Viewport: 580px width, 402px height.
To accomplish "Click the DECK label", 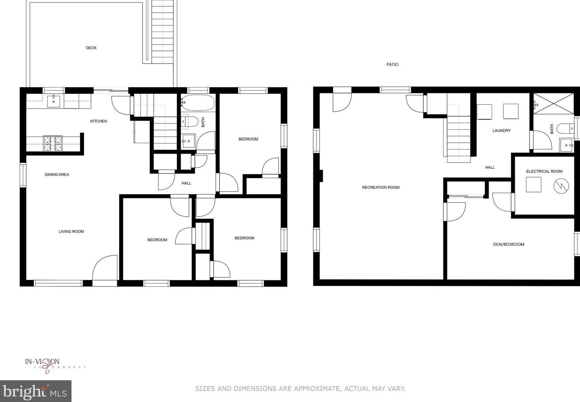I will click(91, 48).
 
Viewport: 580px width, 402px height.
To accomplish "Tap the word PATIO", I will click(392, 64).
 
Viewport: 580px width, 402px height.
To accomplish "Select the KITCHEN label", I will click(98, 121).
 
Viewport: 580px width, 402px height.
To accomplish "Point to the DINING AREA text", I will click(57, 175).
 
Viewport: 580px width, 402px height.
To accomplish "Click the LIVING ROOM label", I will click(71, 232).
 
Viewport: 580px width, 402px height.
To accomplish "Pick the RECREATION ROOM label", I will click(380, 187).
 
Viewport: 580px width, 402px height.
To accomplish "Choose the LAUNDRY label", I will click(501, 130).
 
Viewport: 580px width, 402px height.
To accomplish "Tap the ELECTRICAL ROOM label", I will click(544, 171).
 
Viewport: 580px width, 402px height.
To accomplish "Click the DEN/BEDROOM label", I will click(508, 244).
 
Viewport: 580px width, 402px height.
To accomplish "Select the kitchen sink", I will click(54, 101).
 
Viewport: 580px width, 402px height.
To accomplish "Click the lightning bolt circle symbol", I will click(561, 186).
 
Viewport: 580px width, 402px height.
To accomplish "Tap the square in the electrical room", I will click(533, 184).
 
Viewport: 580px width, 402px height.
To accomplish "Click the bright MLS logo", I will click(35, 391).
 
